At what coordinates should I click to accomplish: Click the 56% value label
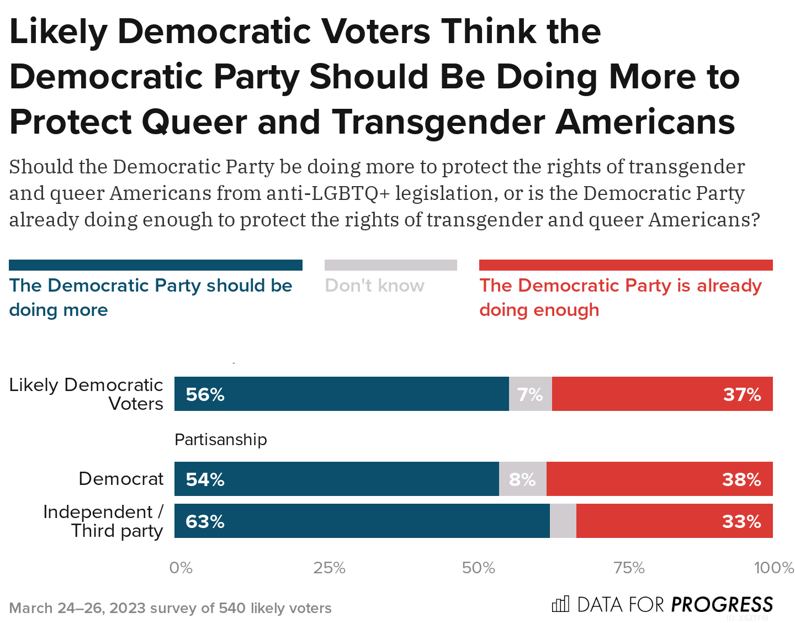(205, 394)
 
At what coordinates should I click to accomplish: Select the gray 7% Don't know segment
(530, 394)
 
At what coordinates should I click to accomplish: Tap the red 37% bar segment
(662, 394)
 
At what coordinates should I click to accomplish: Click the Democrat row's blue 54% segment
(336, 479)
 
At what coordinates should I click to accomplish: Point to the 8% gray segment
(522, 479)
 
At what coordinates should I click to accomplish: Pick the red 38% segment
(659, 479)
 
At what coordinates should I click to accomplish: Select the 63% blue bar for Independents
(362, 521)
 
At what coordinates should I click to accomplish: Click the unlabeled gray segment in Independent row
(563, 521)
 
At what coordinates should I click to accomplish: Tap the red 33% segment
(674, 521)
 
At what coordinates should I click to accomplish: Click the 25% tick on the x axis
(329, 568)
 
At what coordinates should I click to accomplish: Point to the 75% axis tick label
(629, 568)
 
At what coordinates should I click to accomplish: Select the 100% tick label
(773, 568)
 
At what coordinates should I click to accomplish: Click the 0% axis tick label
(181, 568)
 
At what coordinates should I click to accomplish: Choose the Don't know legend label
(374, 286)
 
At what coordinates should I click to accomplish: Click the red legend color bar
(626, 265)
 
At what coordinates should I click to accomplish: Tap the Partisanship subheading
(220, 440)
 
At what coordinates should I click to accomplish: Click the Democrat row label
(121, 478)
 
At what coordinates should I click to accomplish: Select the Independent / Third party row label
(103, 521)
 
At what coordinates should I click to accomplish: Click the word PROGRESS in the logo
(722, 604)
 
